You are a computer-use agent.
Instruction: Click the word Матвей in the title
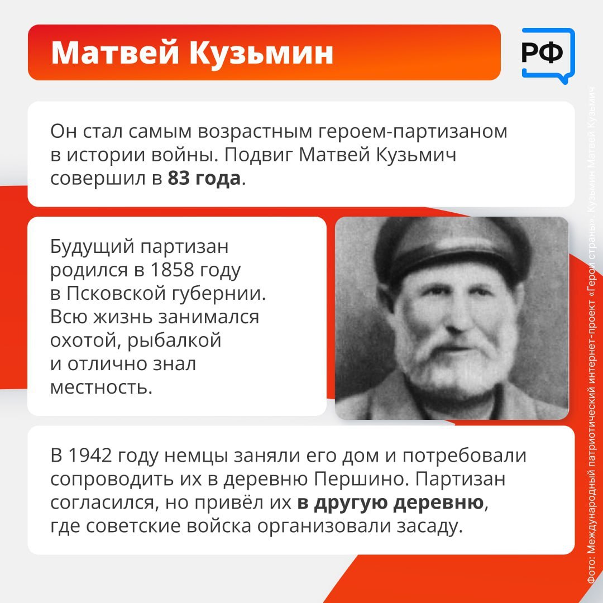pos(115,52)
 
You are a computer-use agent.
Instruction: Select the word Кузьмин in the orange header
pos(261,52)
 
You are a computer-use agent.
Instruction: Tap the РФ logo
pos(548,55)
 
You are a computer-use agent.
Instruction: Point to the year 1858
pos(172,270)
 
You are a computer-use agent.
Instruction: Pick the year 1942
pos(90,456)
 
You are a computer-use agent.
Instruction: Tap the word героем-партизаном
pos(413,132)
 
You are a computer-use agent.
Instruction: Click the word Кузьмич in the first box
pos(416,155)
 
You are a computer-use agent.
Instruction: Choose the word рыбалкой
pos(174,341)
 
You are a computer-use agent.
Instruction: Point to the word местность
pos(102,387)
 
